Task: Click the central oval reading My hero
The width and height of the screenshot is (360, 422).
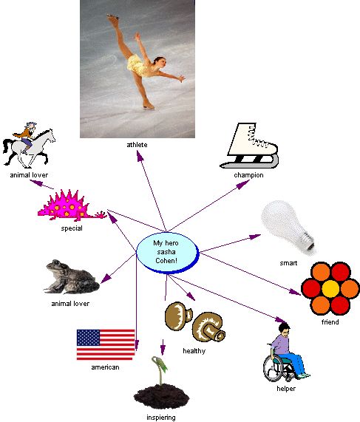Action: (168, 253)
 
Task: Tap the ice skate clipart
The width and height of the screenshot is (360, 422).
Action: (249, 146)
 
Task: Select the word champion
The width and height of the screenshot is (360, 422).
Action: (248, 175)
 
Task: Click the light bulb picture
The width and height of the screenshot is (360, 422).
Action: (288, 227)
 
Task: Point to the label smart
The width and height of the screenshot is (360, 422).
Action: (288, 263)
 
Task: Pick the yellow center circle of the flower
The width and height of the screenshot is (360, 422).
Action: (330, 288)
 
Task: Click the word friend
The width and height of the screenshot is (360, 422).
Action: (330, 322)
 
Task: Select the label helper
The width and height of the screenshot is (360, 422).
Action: (286, 389)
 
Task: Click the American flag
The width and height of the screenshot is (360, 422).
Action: (106, 344)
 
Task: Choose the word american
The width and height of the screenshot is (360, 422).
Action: (105, 367)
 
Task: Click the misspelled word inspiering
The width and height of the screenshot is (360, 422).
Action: (161, 418)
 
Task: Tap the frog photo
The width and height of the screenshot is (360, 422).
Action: (72, 277)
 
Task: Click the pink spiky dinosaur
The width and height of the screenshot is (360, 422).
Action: (72, 205)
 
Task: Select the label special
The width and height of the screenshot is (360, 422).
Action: (72, 228)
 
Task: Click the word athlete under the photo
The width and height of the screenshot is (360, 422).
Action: (137, 145)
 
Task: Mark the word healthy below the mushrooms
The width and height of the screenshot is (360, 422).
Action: (194, 351)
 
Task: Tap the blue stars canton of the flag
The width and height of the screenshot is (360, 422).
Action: (88, 338)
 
